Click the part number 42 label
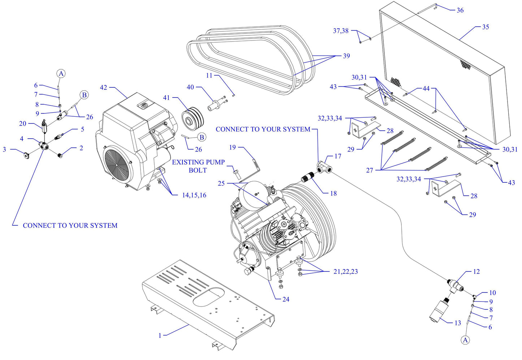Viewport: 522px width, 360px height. (x=103, y=87)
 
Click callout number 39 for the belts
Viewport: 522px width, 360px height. (x=346, y=56)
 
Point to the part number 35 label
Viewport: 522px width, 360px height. (x=485, y=27)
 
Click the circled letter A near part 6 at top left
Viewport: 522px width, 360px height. (x=61, y=74)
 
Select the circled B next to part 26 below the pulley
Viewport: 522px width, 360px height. (x=202, y=137)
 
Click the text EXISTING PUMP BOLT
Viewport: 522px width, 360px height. (x=198, y=166)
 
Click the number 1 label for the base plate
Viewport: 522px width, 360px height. (x=160, y=335)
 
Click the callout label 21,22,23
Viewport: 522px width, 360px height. (x=345, y=272)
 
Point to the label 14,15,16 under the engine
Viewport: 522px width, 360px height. (x=194, y=195)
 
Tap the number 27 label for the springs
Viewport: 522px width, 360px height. (x=369, y=170)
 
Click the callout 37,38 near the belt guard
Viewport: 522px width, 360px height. (x=341, y=31)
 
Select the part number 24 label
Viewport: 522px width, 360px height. (x=286, y=299)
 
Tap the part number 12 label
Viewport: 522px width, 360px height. (x=476, y=271)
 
